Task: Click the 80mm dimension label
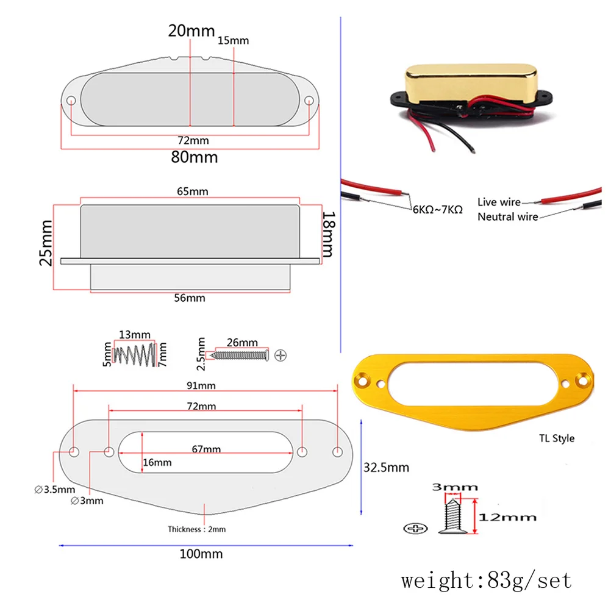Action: [x=193, y=157]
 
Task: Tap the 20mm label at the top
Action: [x=191, y=30]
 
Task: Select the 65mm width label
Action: [x=193, y=191]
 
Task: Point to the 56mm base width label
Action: [x=190, y=298]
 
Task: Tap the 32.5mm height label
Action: [x=386, y=468]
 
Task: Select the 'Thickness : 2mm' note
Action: [x=196, y=529]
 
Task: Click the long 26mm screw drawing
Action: [x=239, y=354]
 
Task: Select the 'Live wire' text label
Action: [x=499, y=202]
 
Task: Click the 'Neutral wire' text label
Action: [x=507, y=216]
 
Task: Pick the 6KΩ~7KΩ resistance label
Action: [x=437, y=209]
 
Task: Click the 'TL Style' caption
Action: [x=556, y=438]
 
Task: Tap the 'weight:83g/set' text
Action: [x=487, y=579]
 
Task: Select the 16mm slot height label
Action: [x=157, y=463]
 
